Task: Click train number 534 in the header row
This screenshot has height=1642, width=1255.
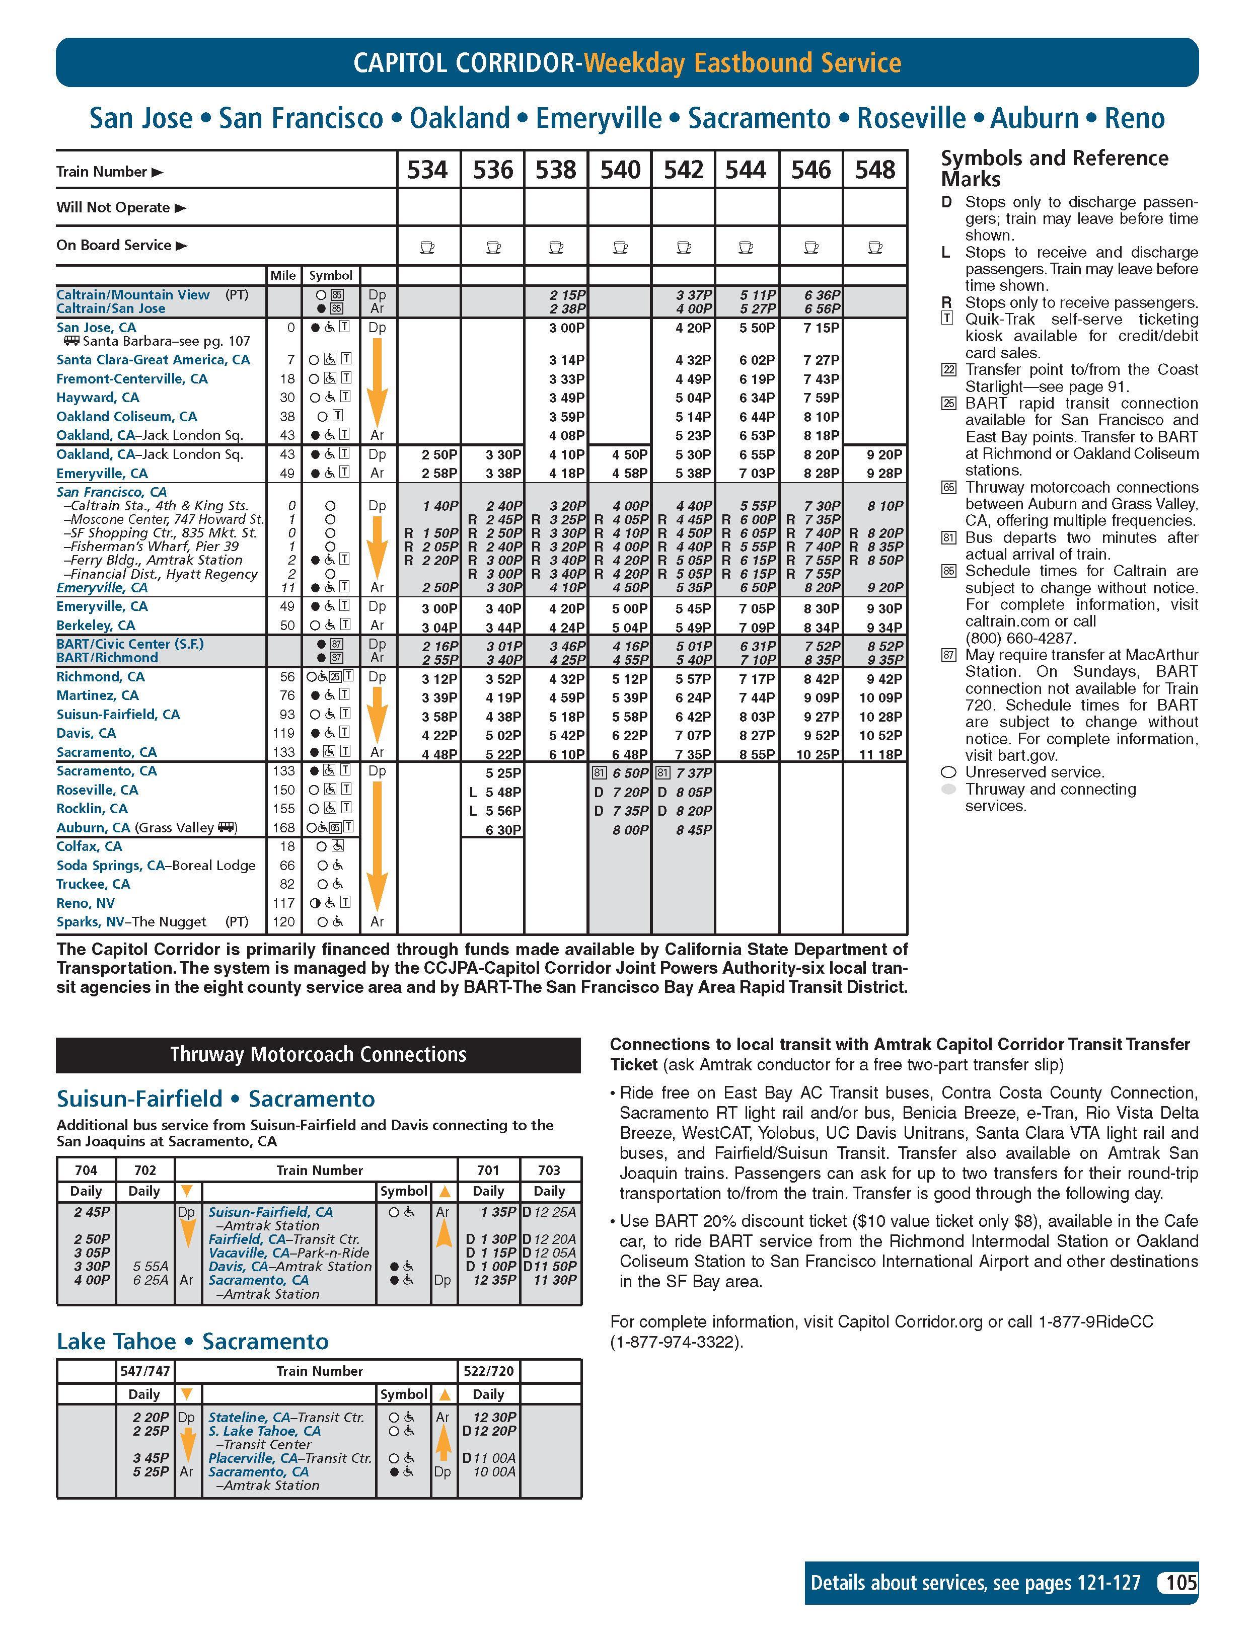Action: (x=427, y=170)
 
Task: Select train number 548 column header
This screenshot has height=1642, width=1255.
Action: (x=875, y=170)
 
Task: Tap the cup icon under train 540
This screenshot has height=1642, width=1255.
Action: (x=620, y=247)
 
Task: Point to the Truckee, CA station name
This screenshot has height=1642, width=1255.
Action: (x=93, y=884)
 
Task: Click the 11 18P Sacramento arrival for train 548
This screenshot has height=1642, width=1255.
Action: (x=881, y=754)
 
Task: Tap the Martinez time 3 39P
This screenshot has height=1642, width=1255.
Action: (x=439, y=697)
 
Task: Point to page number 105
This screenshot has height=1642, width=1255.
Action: (x=1181, y=1582)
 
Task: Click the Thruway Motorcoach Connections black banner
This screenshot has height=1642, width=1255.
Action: (x=318, y=1054)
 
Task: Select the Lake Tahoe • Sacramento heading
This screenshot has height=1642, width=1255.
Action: (x=193, y=1341)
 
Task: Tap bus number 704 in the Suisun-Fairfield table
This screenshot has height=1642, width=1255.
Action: (x=86, y=1170)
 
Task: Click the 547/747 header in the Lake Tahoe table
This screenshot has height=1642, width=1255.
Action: (x=144, y=1371)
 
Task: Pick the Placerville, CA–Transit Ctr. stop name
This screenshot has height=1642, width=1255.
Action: (x=289, y=1457)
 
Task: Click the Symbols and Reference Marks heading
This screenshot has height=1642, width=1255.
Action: (x=1054, y=168)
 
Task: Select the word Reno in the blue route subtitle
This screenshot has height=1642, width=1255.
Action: (x=1134, y=118)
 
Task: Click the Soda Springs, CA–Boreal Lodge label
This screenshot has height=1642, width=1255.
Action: (x=156, y=866)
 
